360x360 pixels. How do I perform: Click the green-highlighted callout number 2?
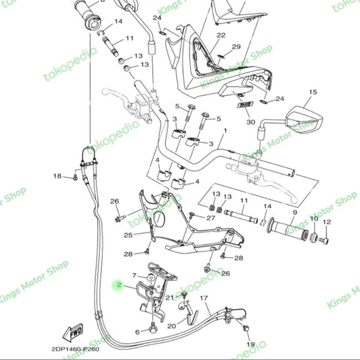(x=118, y=285)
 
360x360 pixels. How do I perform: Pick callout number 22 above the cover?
(x=221, y=35)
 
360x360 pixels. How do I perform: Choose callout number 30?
(x=250, y=122)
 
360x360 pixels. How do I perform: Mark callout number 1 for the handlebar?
(x=224, y=132)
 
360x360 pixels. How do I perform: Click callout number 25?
(x=128, y=236)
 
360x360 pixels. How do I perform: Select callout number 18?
(x=57, y=176)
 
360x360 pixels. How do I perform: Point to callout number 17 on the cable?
(x=204, y=298)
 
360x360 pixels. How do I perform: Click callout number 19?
(x=250, y=344)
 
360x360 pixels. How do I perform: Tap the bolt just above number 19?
(x=246, y=327)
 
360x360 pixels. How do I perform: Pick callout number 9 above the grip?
(x=295, y=212)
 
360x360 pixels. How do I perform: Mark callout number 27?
(x=211, y=218)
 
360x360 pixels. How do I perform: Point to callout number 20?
(x=171, y=326)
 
